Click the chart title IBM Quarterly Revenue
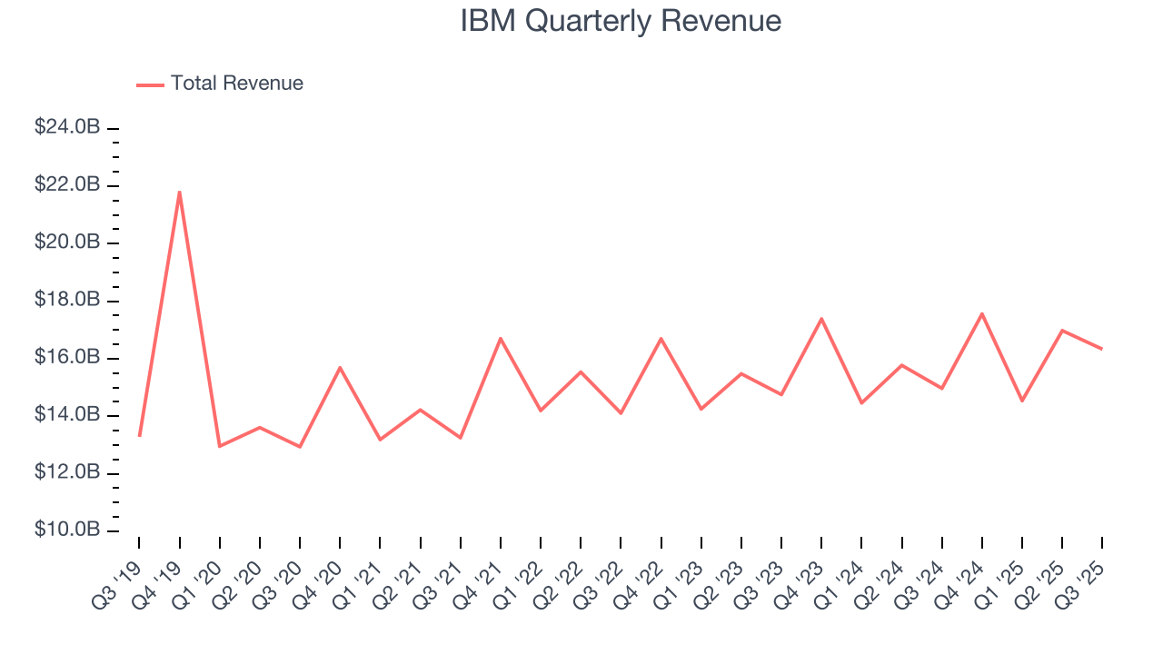(621, 21)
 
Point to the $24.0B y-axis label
(67, 128)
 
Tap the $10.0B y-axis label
(67, 530)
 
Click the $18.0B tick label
(67, 301)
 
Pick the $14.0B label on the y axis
(67, 415)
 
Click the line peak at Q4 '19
(180, 192)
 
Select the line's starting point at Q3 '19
(139, 436)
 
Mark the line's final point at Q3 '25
(1102, 349)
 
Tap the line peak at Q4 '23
(821, 319)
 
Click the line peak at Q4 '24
(982, 313)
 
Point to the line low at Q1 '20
(220, 446)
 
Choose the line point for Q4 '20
(340, 368)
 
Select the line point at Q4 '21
(501, 338)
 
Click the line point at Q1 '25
(1022, 401)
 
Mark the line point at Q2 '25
(1062, 331)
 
